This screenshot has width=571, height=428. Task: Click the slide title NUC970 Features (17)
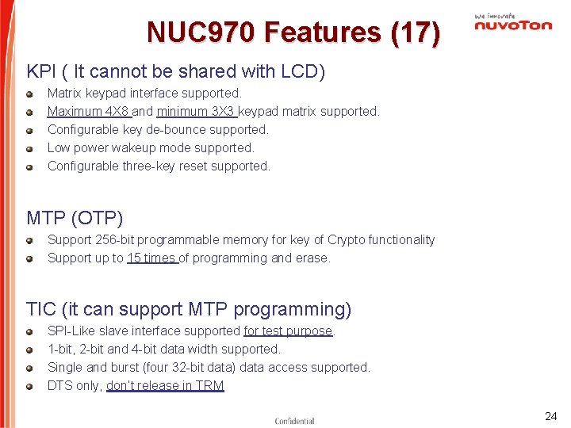pyautogui.click(x=293, y=32)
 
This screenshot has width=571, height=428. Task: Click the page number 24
pyautogui.click(x=550, y=416)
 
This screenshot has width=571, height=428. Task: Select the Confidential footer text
pyautogui.click(x=294, y=421)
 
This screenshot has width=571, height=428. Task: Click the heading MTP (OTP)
pyautogui.click(x=75, y=217)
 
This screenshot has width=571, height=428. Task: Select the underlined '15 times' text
pyautogui.click(x=151, y=258)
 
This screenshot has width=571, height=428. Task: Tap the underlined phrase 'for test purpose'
pyautogui.click(x=288, y=331)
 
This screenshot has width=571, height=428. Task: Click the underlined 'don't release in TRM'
pyautogui.click(x=165, y=385)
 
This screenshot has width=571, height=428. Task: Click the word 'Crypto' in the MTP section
pyautogui.click(x=347, y=239)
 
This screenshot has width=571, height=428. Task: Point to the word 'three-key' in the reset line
pyautogui.click(x=148, y=166)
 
